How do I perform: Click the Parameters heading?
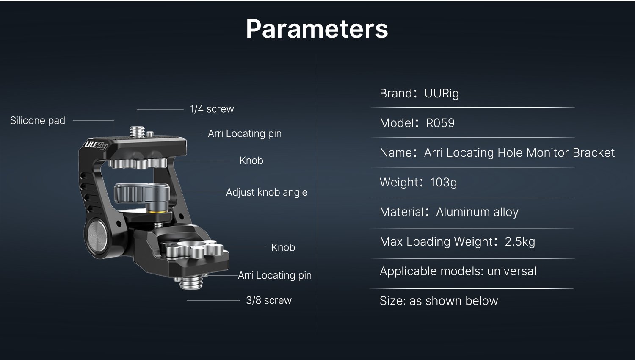tap(317, 29)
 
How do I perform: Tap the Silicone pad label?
tap(38, 121)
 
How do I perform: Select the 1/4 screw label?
tap(212, 109)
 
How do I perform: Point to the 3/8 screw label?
tap(269, 300)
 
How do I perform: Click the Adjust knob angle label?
tap(267, 192)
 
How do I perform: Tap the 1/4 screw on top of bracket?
tap(137, 132)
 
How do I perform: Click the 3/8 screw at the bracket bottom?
tap(191, 283)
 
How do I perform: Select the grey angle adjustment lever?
tap(142, 195)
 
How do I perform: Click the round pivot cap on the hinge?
tap(97, 236)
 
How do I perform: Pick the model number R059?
tap(440, 123)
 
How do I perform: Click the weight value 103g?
tap(444, 183)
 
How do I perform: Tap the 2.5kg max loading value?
tap(520, 242)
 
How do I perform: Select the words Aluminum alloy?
tap(477, 212)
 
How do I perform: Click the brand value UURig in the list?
tap(442, 94)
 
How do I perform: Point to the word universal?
tap(512, 271)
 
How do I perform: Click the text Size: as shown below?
tap(439, 301)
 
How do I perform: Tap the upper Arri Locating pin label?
tap(245, 133)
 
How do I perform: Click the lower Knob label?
tap(283, 247)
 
